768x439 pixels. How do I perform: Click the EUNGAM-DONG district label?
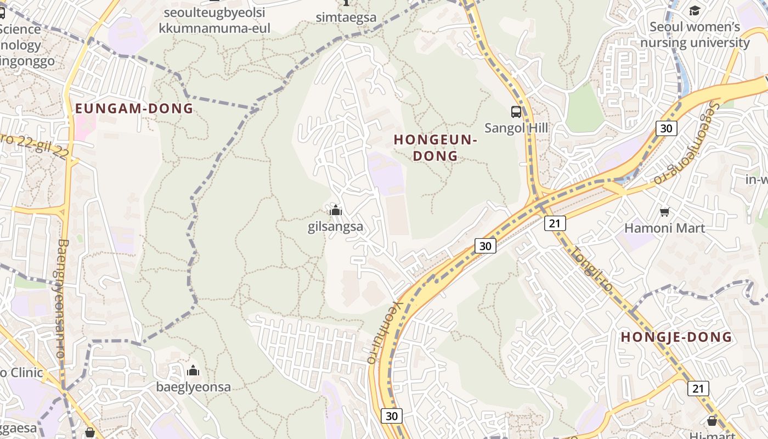[134, 108]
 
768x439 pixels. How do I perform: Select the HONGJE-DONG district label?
[676, 337]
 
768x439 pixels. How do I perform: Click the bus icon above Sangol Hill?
[516, 112]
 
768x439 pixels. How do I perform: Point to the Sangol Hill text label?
[516, 128]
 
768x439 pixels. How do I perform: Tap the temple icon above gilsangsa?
[335, 210]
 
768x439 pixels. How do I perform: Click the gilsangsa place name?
[335, 227]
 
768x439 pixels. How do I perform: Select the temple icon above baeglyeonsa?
[193, 370]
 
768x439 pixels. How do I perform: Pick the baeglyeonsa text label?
[193, 387]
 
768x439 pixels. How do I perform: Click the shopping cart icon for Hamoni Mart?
[664, 212]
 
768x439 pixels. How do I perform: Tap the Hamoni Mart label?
[664, 228]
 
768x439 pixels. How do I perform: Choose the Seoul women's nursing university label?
[694, 35]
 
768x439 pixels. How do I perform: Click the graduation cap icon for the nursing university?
[694, 10]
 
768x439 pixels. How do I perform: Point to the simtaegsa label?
[346, 17]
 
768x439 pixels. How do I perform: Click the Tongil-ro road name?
[591, 269]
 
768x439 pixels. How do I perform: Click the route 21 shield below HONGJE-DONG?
[698, 389]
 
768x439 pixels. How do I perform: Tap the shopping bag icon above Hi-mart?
[711, 421]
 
